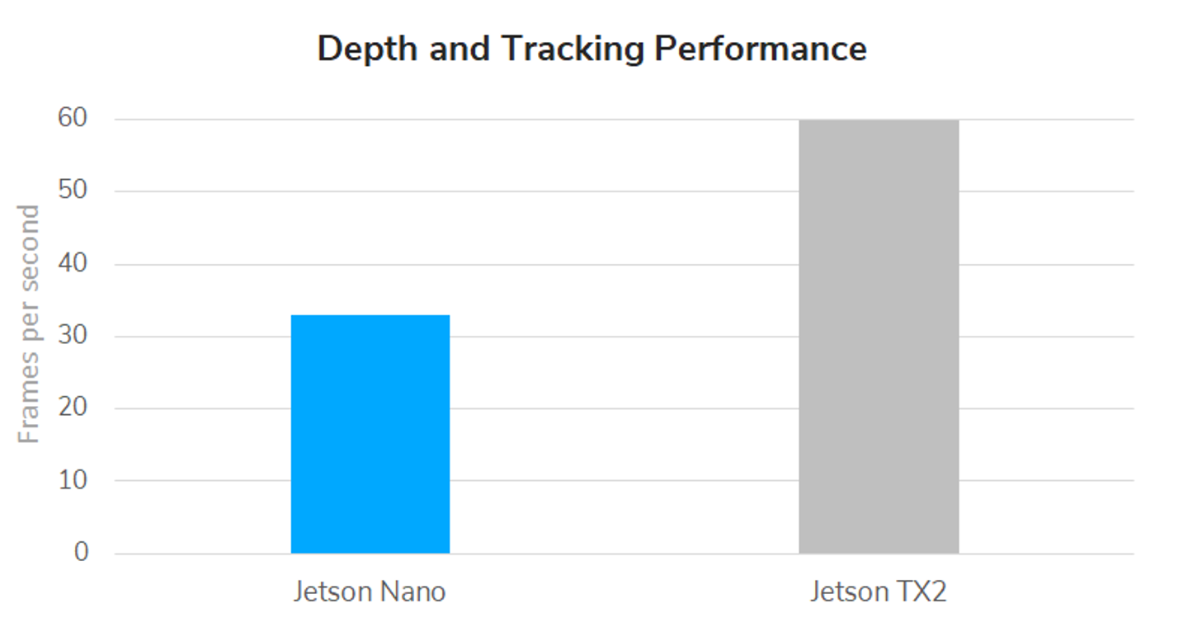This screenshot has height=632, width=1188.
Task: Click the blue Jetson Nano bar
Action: pyautogui.click(x=370, y=434)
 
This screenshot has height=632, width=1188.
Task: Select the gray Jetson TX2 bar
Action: pyautogui.click(x=879, y=337)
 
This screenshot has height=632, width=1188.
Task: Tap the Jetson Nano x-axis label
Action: pyautogui.click(x=370, y=592)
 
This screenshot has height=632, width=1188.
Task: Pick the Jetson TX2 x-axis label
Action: pyautogui.click(x=878, y=592)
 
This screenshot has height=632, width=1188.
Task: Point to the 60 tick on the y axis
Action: pyautogui.click(x=73, y=119)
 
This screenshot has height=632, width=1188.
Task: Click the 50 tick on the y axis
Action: pyautogui.click(x=73, y=191)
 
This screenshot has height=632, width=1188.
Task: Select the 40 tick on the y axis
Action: pyautogui.click(x=73, y=264)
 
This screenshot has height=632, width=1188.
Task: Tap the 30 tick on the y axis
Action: pyautogui.click(x=73, y=336)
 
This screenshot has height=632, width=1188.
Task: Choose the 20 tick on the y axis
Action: pyautogui.click(x=73, y=408)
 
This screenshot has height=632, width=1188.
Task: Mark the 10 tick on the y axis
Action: pyautogui.click(x=73, y=480)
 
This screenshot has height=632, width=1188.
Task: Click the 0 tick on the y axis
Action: pyautogui.click(x=81, y=552)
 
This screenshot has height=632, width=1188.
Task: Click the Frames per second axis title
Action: pyautogui.click(x=29, y=323)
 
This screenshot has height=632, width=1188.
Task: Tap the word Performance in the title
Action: pyautogui.click(x=761, y=50)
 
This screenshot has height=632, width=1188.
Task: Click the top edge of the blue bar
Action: pyautogui.click(x=370, y=316)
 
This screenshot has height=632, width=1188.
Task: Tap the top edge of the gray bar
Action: pyautogui.click(x=879, y=120)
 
